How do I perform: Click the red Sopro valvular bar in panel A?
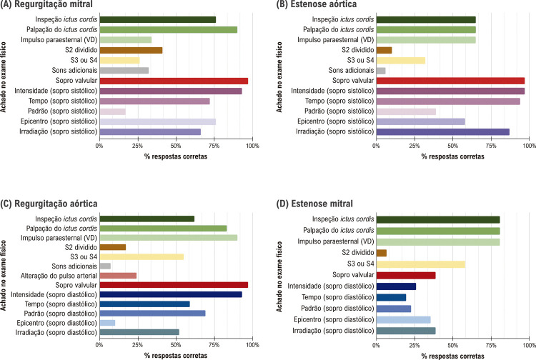pyautogui.click(x=174, y=81)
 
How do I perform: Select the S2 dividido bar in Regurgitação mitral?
pyautogui.click(x=131, y=50)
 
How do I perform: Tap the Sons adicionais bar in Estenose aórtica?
pyautogui.click(x=381, y=71)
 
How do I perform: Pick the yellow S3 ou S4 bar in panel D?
pyautogui.click(x=420, y=264)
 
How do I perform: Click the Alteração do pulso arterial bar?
pyautogui.click(x=118, y=276)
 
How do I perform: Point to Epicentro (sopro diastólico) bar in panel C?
pyautogui.click(x=107, y=323)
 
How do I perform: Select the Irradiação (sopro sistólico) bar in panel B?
pyautogui.click(x=442, y=132)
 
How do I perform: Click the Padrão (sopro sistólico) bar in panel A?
pyautogui.click(x=112, y=111)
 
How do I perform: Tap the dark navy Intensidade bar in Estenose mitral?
pyautogui.click(x=396, y=286)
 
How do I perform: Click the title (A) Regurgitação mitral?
pyautogui.click(x=46, y=4)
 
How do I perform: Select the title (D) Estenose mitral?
pyautogui.click(x=314, y=204)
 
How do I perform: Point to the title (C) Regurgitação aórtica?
pyautogui.click(x=49, y=204)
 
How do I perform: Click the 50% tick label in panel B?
pyautogui.click(x=452, y=146)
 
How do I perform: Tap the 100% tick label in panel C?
pyautogui.click(x=252, y=345)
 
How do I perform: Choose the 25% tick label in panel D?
pyautogui.click(x=415, y=345)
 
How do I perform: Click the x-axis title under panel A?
pyautogui.click(x=176, y=156)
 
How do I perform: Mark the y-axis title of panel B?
pyautogui.click(x=279, y=77)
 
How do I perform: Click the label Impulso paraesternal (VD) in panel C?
pyautogui.click(x=59, y=238)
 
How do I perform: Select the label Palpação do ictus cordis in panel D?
pyautogui.click(x=339, y=230)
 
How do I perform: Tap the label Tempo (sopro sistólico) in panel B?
pyautogui.click(x=339, y=101)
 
